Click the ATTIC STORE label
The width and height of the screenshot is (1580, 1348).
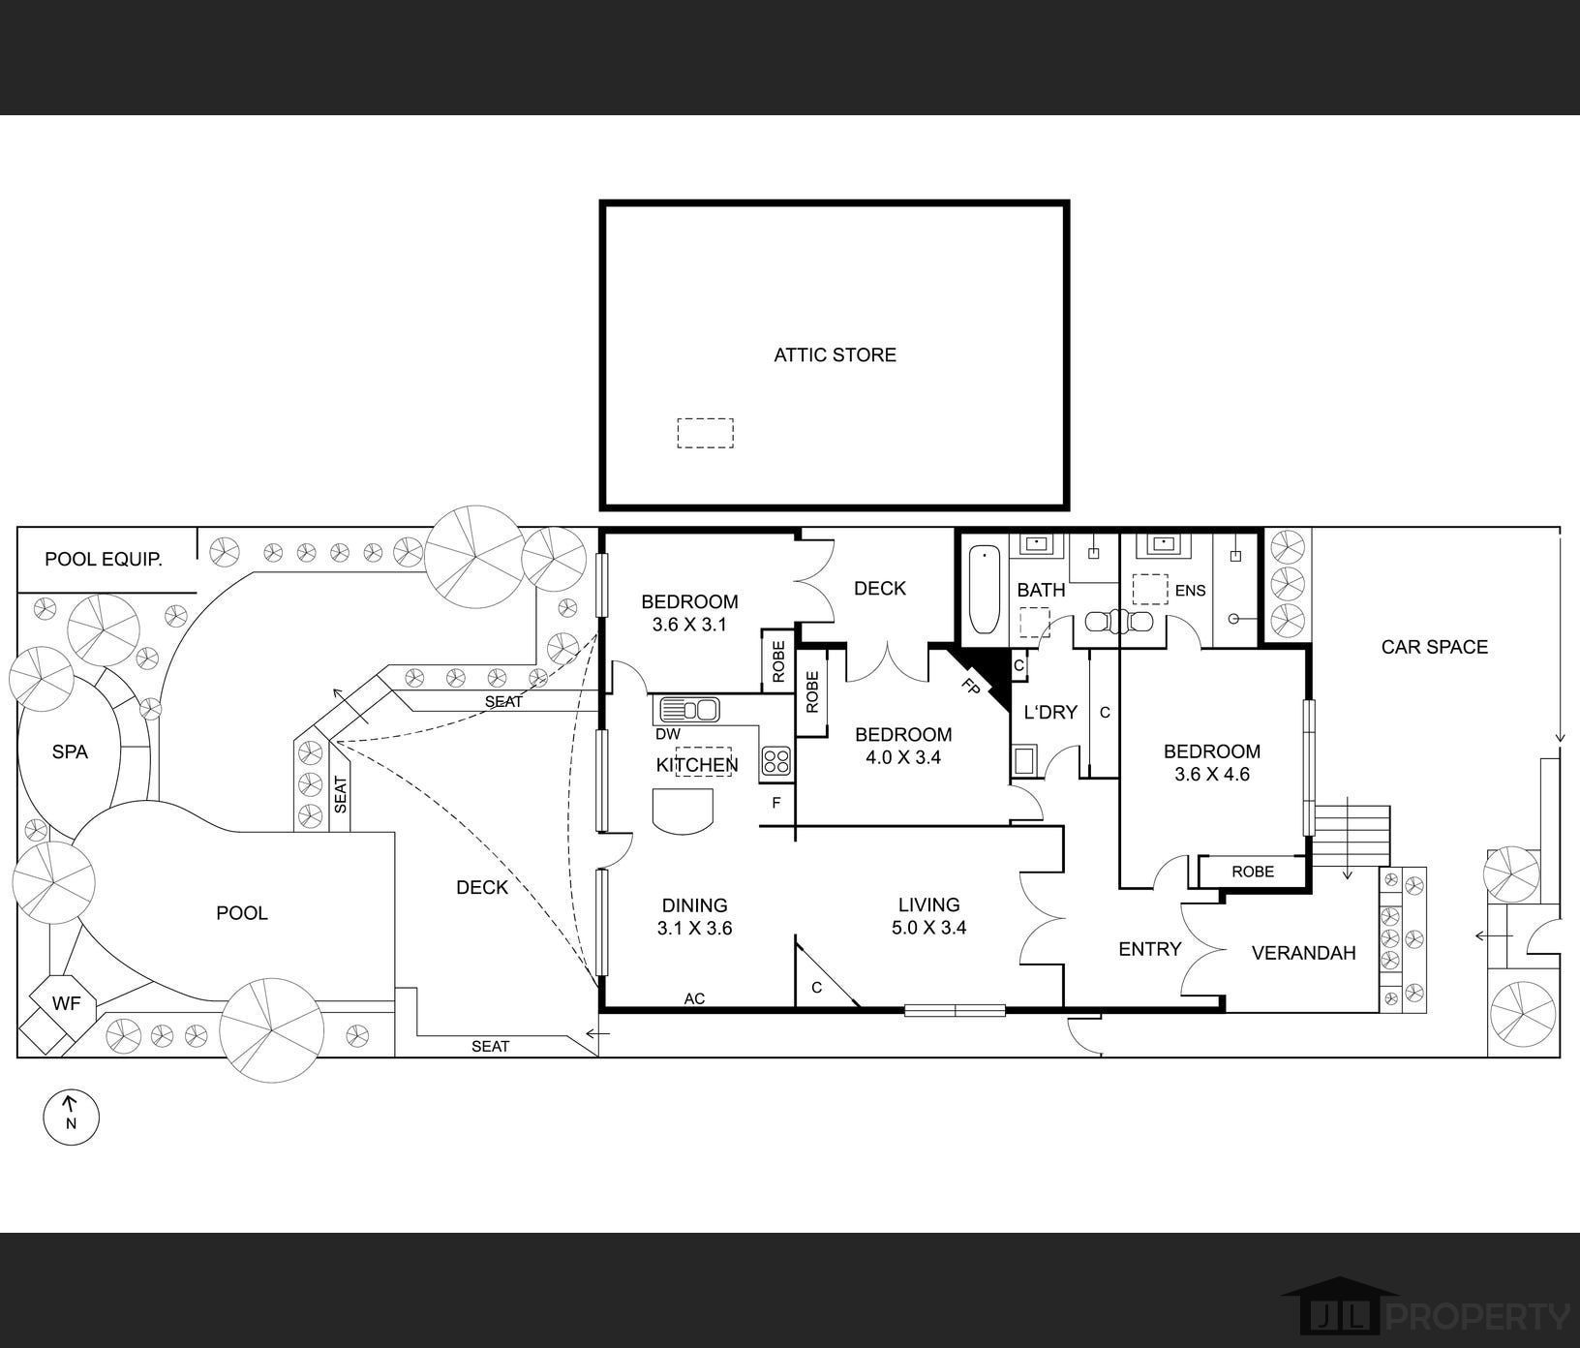pos(835,354)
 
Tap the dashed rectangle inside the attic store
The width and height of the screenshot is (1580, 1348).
pos(705,433)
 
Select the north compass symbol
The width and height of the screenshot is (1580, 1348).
pos(72,1117)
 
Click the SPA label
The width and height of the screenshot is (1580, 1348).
pos(70,751)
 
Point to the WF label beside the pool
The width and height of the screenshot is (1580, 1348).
pos(66,1003)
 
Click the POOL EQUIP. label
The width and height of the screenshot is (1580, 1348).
pos(104,560)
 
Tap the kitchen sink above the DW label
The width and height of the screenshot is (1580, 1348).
pos(688,710)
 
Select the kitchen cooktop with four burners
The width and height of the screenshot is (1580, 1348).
pos(775,760)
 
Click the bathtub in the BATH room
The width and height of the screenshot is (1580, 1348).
pos(984,589)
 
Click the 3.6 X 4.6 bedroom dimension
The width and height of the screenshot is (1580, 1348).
pos(1212,775)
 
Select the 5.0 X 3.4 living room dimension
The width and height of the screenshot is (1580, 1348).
pos(928,928)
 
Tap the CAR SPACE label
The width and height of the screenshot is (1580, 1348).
pos(1434,647)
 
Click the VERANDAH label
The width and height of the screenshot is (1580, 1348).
pos(1303,953)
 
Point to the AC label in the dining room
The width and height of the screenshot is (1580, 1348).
pos(694,998)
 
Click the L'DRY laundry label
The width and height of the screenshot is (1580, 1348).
pos(1050,713)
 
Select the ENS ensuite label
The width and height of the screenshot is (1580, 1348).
pos(1190,591)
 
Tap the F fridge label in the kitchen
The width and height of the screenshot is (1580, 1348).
pos(776,803)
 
